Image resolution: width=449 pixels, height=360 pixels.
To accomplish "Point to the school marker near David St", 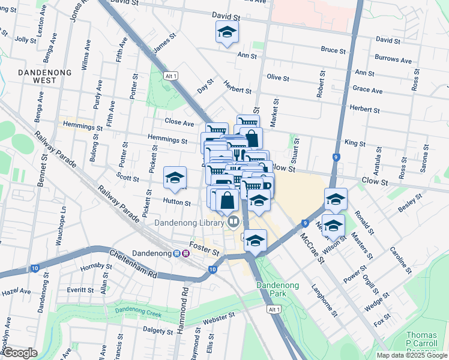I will [227, 32].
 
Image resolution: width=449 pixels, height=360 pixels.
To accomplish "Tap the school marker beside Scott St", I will [175, 178].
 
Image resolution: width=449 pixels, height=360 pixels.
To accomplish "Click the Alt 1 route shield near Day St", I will [171, 76].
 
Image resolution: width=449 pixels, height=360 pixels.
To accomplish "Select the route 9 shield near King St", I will [336, 157].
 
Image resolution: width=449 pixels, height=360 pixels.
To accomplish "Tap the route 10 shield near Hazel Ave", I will [35, 268].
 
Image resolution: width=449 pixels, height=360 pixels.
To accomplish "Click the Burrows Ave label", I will [393, 61].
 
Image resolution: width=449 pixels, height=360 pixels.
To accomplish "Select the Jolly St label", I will [25, 40].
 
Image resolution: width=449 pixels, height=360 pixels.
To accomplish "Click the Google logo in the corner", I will [20, 353].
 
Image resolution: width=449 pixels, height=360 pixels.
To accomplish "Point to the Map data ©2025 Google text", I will [411, 355].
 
